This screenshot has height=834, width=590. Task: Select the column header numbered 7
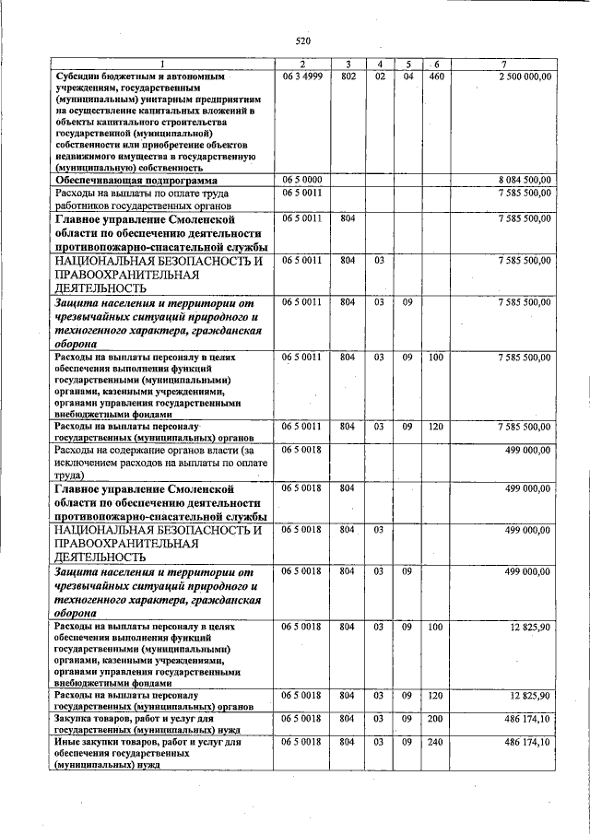pos(503,64)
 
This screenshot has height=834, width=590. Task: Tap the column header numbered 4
pos(379,64)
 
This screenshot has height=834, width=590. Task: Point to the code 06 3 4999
pos(301,76)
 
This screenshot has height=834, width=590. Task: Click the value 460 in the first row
pos(436,76)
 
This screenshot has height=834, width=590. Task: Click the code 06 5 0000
pos(301,181)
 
